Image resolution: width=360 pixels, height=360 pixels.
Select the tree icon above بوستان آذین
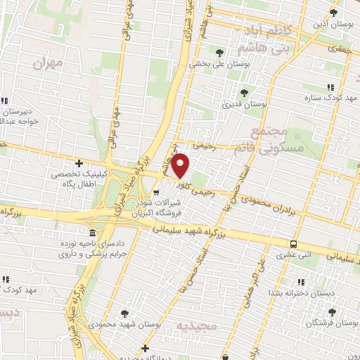click(x=334, y=13)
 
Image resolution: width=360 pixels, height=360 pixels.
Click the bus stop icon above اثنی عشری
click(x=292, y=245)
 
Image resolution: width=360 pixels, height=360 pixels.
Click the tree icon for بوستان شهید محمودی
click(x=124, y=313)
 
